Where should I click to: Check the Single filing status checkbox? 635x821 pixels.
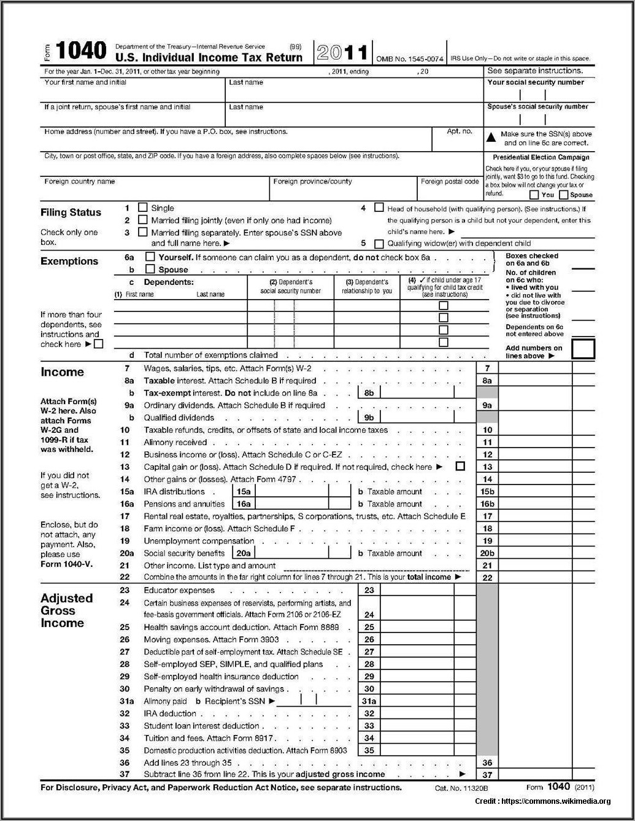click(142, 208)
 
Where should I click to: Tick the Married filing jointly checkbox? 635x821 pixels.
click(142, 220)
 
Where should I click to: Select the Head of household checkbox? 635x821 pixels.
click(379, 208)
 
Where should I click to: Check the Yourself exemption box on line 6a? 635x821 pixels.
click(150, 257)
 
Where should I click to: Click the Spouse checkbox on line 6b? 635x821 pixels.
click(150, 269)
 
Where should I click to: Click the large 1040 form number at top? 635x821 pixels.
click(81, 51)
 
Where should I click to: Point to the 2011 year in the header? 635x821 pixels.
click(342, 53)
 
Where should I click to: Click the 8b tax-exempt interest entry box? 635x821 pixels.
click(417, 393)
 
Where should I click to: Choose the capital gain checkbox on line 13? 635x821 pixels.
click(460, 467)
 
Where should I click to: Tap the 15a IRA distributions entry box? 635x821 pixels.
click(291, 491)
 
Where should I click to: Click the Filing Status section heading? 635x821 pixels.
click(71, 212)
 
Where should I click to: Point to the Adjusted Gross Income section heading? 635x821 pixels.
click(66, 610)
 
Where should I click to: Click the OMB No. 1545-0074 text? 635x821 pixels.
click(409, 59)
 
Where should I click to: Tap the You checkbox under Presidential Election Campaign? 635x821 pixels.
click(534, 195)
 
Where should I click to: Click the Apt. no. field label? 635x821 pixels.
click(460, 131)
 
